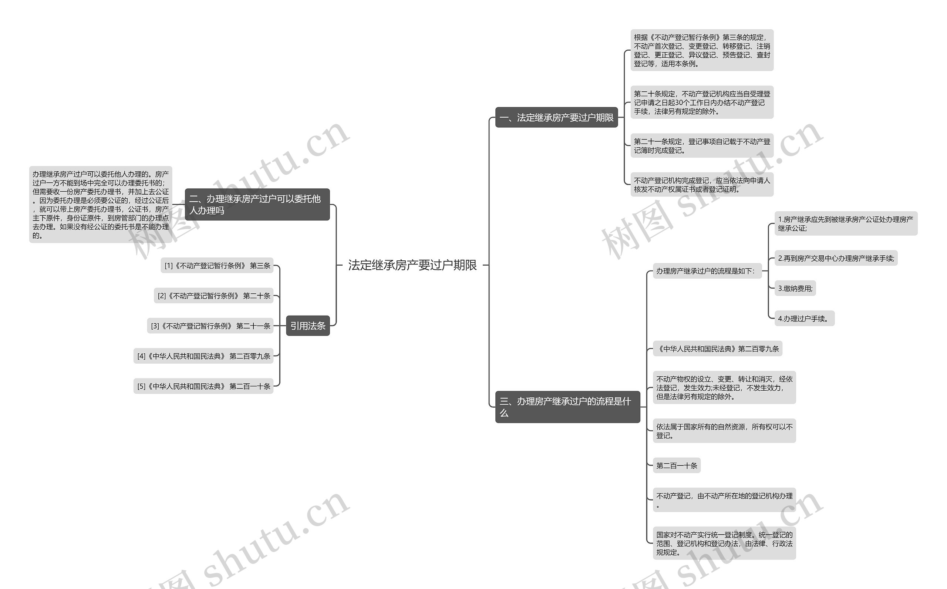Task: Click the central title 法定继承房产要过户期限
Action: coord(412,265)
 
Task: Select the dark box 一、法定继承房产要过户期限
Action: coord(556,117)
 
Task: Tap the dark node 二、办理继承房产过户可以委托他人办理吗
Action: coord(257,205)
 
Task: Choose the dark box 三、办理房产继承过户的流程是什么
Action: coord(567,407)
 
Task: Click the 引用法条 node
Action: coord(308,326)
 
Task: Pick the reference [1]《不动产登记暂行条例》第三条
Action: coord(217,266)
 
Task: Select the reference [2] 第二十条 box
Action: coord(213,296)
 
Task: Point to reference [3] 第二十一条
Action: coord(210,326)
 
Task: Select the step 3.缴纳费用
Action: coord(795,288)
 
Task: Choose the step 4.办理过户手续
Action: coord(804,318)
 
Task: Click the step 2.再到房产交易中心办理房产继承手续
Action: coord(836,258)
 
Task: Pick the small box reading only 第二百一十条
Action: coord(676,465)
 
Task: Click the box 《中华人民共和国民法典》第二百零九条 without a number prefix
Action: coord(717,349)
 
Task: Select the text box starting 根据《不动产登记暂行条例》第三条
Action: coord(702,50)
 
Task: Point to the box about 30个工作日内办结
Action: coord(702,102)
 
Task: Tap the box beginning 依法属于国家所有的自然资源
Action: coord(724,431)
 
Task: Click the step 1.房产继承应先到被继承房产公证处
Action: coord(845,223)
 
